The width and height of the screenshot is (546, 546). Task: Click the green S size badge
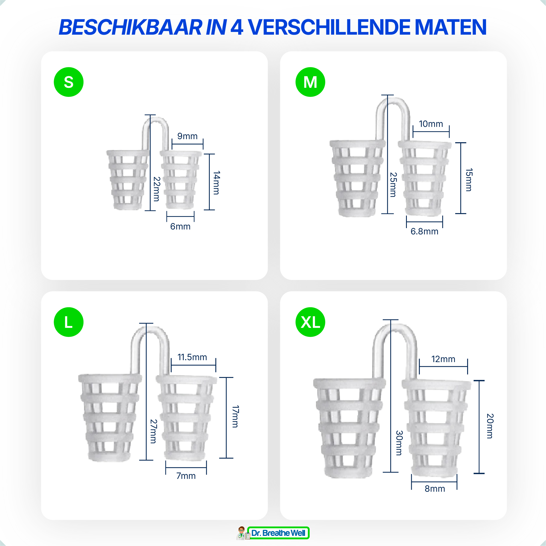(69, 82)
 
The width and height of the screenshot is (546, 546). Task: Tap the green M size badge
(310, 82)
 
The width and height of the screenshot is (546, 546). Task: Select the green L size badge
(69, 322)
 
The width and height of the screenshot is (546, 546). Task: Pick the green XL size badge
(310, 322)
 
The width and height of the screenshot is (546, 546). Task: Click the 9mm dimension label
(187, 136)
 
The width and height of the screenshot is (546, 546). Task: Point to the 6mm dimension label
(180, 227)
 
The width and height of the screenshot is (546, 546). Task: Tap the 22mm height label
(157, 189)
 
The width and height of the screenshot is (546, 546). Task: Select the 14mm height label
(216, 183)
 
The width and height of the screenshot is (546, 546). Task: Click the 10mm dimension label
(431, 124)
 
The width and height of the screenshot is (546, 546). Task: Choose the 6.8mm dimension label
(425, 231)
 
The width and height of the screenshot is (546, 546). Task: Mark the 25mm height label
(393, 184)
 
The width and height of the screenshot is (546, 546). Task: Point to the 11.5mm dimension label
(192, 357)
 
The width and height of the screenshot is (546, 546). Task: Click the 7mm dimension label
(186, 476)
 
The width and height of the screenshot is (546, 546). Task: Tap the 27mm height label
(153, 431)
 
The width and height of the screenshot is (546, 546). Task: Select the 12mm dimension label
(443, 359)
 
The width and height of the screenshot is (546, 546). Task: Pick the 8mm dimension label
(435, 489)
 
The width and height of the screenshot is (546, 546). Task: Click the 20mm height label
(490, 426)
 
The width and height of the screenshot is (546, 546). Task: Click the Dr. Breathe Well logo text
(278, 533)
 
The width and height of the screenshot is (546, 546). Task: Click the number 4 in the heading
(237, 27)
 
